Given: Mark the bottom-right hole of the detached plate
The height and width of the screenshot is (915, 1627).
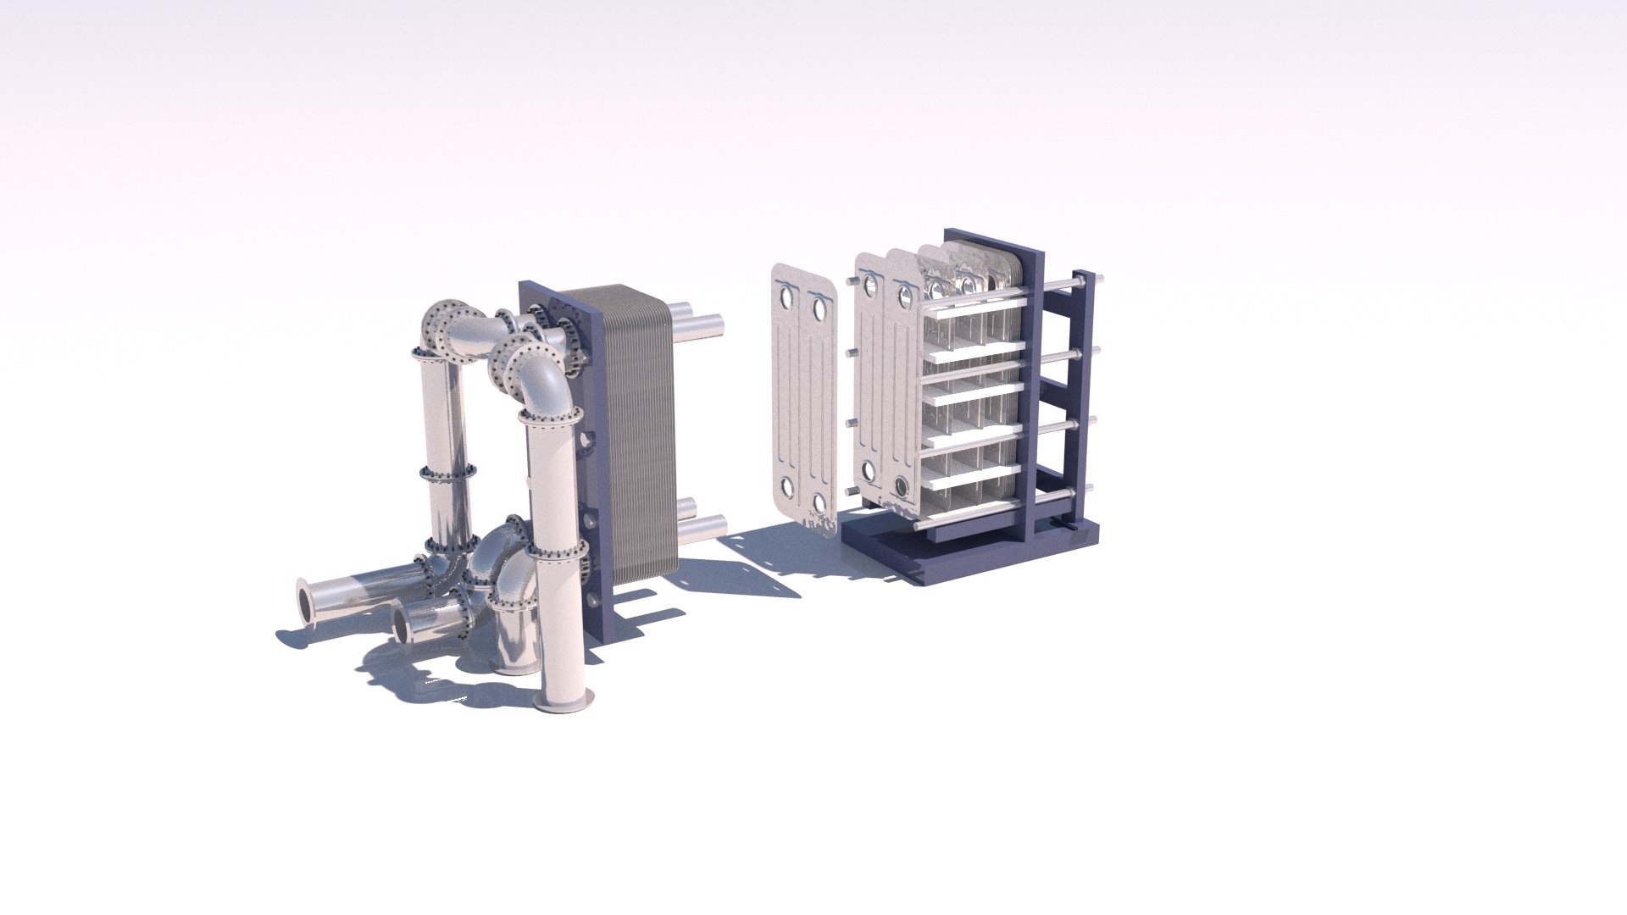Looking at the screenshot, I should pos(820,504).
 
